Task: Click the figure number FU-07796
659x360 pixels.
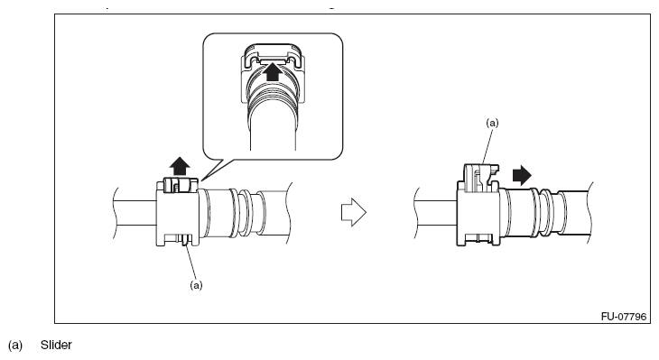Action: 623,317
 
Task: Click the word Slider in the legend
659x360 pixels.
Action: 56,345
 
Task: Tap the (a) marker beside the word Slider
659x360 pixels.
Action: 15,346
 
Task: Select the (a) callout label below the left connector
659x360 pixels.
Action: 196,285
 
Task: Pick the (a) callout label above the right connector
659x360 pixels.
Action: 492,123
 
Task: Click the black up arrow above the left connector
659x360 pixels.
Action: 180,166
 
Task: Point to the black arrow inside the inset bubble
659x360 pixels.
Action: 274,71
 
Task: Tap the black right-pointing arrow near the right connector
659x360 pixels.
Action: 522,175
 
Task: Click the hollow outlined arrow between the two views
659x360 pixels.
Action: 354,212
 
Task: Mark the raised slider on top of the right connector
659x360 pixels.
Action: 480,178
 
